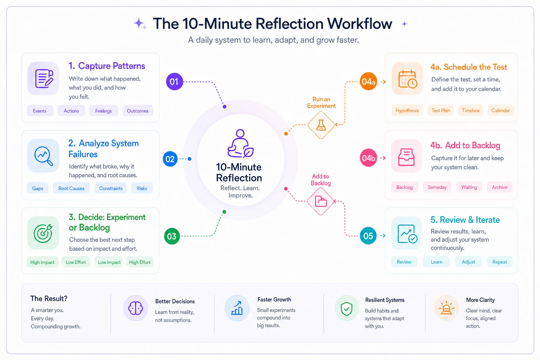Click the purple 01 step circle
click(174, 82)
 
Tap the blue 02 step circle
click(170, 159)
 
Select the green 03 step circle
click(172, 236)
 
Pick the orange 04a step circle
click(368, 82)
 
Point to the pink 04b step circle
click(368, 158)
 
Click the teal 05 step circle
click(368, 236)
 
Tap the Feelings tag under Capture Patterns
click(103, 111)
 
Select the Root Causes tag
click(71, 188)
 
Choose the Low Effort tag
click(76, 262)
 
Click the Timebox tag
click(471, 110)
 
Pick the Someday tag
click(437, 187)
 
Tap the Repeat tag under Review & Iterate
click(500, 262)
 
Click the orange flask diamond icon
click(321, 125)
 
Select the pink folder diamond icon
click(321, 201)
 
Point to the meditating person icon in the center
click(240, 144)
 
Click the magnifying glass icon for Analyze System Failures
click(43, 156)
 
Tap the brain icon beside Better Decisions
click(136, 308)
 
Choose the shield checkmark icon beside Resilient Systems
click(347, 308)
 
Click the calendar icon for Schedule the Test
click(407, 79)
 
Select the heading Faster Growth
click(274, 300)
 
